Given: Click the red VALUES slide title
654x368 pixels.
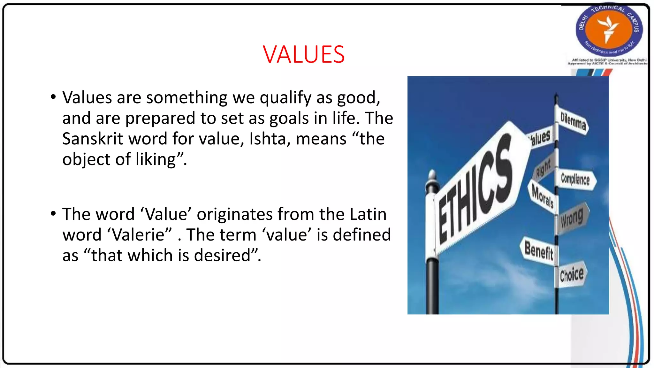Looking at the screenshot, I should (304, 54).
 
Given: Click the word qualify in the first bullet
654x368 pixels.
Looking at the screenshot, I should (285, 98).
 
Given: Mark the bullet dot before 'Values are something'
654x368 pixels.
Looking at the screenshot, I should (53, 97).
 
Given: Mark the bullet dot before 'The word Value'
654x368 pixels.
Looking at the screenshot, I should (53, 213).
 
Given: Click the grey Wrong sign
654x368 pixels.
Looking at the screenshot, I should (572, 218).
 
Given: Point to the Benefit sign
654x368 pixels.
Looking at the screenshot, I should (539, 250).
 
